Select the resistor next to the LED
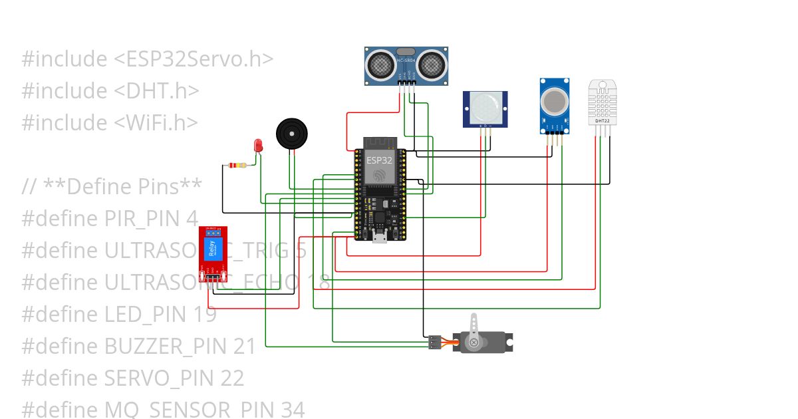coord(236,165)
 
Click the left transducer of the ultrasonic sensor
coord(380,64)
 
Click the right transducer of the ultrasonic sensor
coord(432,64)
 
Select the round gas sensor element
coord(554,101)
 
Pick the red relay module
coord(213,254)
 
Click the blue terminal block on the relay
coord(213,233)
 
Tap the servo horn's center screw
coord(473,343)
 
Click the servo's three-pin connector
coord(434,343)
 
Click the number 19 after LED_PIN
coord(205,315)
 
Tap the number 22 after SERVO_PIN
coord(232,378)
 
